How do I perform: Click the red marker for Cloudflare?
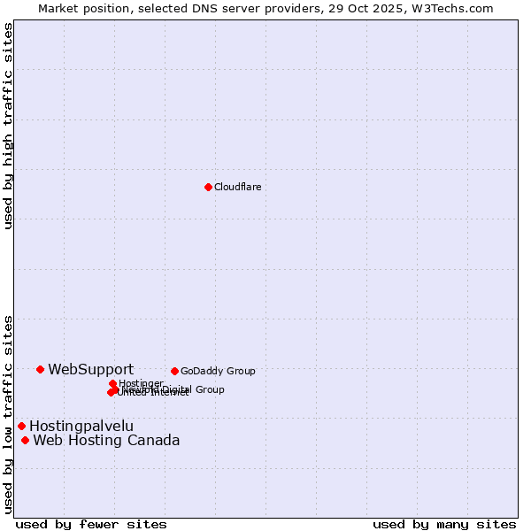(208, 187)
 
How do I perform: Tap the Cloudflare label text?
(237, 187)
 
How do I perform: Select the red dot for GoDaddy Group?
(174, 371)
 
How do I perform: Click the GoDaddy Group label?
(218, 371)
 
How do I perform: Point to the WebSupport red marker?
(41, 369)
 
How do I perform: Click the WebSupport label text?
(90, 369)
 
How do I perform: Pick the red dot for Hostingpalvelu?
(21, 426)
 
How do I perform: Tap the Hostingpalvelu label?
(81, 426)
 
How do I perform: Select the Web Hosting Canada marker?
(25, 440)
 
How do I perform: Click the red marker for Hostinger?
(112, 383)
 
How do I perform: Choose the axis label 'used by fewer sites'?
(91, 524)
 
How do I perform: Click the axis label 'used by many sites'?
(444, 524)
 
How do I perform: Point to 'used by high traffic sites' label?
(8, 126)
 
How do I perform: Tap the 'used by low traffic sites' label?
(8, 414)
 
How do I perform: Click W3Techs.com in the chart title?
(458, 8)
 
